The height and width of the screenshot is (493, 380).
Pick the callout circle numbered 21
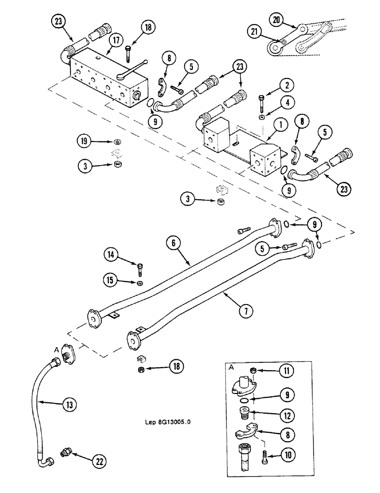point(254,32)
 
